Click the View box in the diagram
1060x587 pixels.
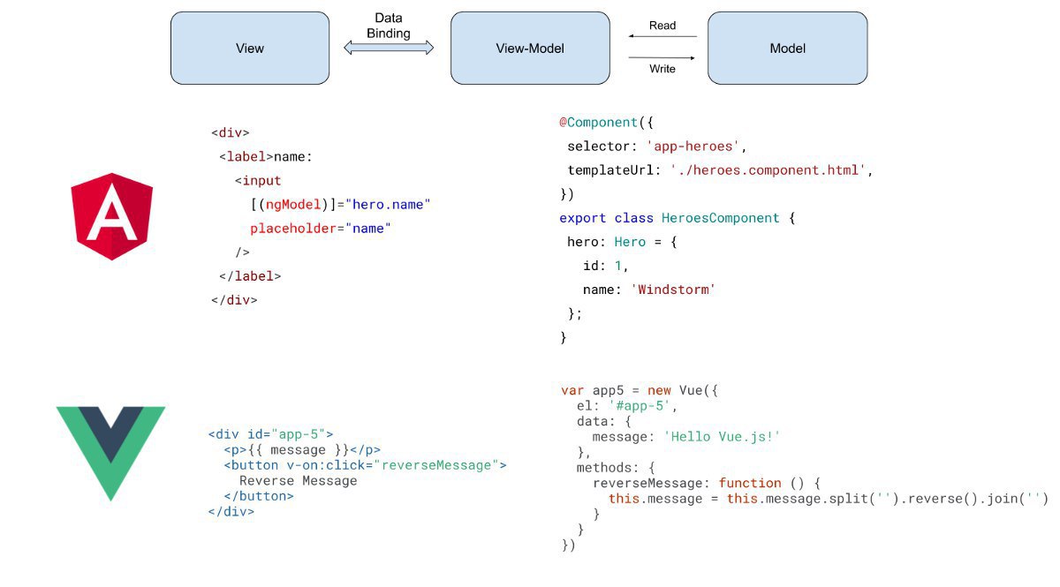(250, 49)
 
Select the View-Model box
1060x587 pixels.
(530, 49)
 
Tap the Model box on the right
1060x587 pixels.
(787, 49)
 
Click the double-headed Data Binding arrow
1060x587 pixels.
(389, 48)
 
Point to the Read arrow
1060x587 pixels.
(662, 36)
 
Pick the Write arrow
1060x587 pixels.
(662, 57)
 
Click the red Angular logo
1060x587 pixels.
(111, 216)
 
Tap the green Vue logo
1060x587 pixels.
(110, 453)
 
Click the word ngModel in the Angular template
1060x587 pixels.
(293, 204)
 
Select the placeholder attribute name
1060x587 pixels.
(293, 229)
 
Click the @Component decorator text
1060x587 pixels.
(599, 123)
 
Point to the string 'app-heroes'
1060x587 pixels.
(693, 147)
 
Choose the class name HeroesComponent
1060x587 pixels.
(720, 217)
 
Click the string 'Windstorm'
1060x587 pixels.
(673, 289)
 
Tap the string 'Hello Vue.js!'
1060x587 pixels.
(722, 437)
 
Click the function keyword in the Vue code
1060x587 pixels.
(750, 483)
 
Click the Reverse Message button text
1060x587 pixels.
(299, 480)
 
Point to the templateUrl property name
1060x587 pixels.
(610, 169)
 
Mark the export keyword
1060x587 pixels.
(582, 218)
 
